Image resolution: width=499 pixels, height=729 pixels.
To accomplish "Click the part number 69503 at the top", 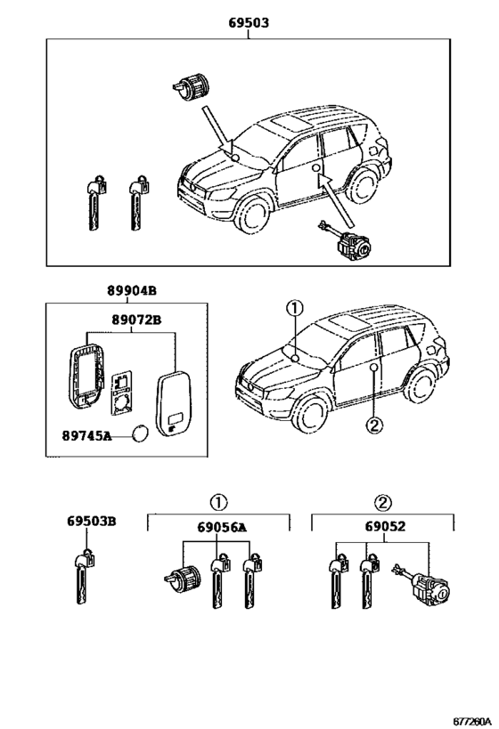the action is [249, 23].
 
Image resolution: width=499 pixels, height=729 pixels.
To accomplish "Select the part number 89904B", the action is [132, 291].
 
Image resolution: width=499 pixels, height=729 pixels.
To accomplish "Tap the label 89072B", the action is [136, 320].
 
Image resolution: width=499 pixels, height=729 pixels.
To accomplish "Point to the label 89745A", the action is [87, 436].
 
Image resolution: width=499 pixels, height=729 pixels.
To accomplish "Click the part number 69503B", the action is [91, 522].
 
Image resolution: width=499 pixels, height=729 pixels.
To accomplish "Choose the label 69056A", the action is [222, 527].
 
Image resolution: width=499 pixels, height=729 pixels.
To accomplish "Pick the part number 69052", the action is [385, 526].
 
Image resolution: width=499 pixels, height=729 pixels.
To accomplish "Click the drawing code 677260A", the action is [472, 721].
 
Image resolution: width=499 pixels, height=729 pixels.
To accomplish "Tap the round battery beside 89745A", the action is [141, 433].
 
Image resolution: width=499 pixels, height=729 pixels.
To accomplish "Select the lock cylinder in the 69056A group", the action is [182, 576].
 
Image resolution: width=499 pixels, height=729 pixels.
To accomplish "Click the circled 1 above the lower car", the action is [295, 309].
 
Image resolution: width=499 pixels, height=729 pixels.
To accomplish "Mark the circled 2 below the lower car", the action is [374, 425].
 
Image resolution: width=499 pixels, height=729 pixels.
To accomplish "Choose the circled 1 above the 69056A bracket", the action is [218, 503].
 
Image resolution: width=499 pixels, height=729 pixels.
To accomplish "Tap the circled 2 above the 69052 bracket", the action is [383, 503].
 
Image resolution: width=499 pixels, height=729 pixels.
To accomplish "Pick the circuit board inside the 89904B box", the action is [122, 393].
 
